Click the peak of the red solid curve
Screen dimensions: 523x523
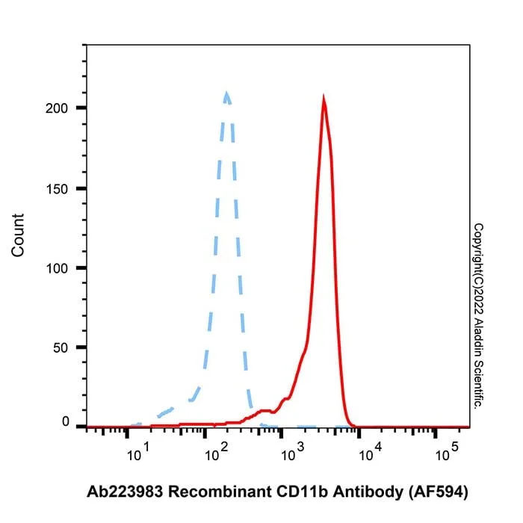(324, 96)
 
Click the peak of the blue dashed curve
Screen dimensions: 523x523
(227, 93)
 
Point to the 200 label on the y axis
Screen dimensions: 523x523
(56, 108)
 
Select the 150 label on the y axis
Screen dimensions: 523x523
(56, 189)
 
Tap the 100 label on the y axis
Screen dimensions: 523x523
(56, 268)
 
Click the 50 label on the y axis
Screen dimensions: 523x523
(61, 348)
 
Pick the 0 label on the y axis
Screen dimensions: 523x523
(66, 421)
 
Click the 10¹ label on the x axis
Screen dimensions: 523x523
(137, 452)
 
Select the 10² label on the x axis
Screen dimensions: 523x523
(216, 452)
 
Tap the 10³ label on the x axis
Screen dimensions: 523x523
(293, 452)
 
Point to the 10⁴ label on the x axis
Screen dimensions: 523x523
(370, 452)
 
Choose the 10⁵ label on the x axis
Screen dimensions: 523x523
(447, 452)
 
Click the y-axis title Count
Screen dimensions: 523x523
(18, 235)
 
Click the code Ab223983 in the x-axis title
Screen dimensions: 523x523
(125, 492)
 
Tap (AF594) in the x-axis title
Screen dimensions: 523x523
(439, 492)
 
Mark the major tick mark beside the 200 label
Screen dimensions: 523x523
(81, 108)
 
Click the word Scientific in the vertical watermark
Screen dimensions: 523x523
(478, 384)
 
